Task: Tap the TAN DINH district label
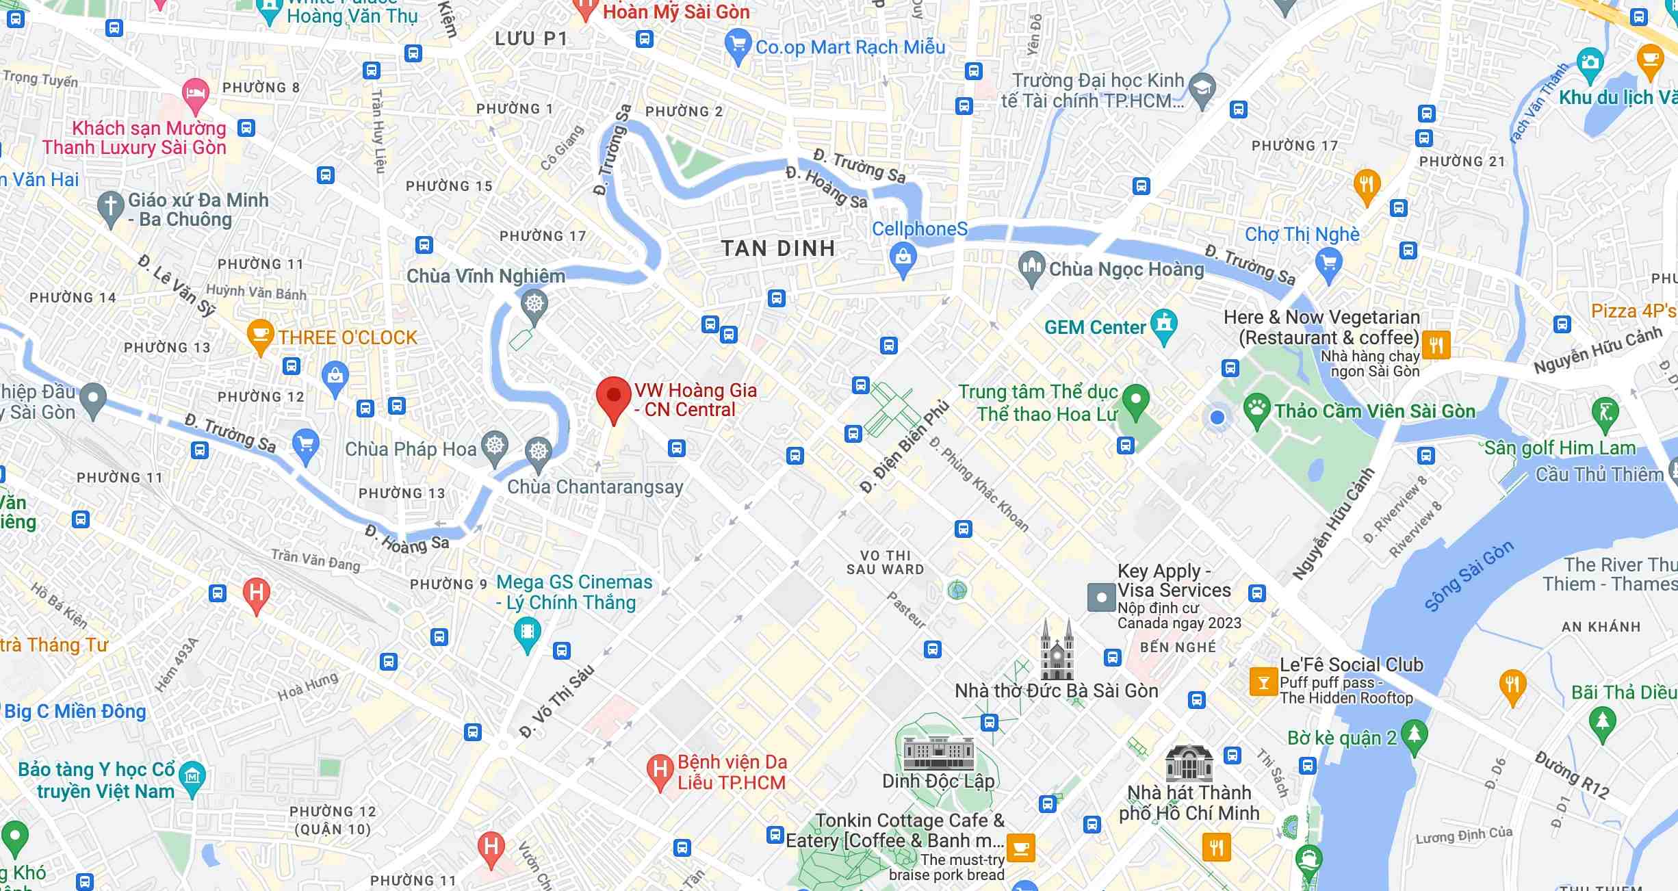778,248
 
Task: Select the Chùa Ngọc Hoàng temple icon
1031,268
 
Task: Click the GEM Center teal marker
1163,326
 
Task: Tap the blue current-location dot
1217,417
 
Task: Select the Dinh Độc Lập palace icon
938,753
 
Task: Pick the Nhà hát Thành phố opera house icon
1189,763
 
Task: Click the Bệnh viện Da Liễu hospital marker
660,771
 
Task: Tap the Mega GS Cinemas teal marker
527,633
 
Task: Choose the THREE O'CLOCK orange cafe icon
260,335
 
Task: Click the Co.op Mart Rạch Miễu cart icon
737,46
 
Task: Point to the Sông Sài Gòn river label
1469,576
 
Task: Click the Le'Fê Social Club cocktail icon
1263,682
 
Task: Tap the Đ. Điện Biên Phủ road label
904,446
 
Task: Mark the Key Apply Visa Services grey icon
1101,597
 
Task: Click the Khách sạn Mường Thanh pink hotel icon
195,95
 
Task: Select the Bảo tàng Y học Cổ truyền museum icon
192,777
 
